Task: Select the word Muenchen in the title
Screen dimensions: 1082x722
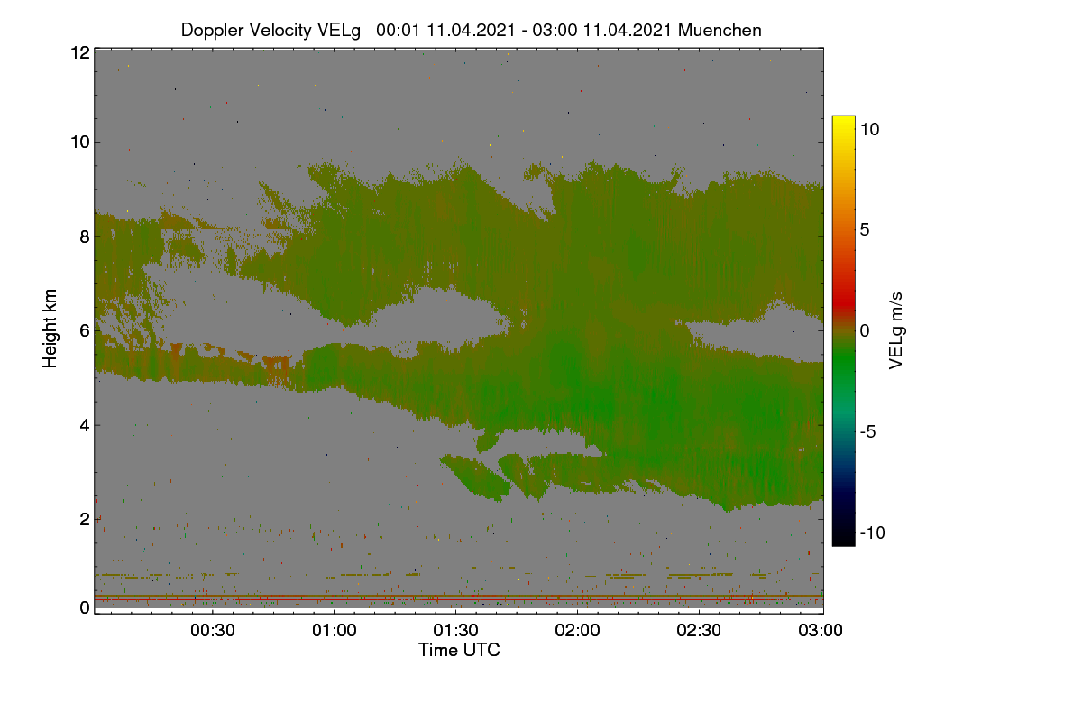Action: click(720, 30)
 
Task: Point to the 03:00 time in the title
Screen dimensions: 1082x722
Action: click(555, 30)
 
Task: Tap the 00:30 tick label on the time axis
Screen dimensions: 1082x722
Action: click(213, 631)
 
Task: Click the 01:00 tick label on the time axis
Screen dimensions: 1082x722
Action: click(335, 631)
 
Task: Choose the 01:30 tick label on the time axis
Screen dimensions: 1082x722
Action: click(456, 631)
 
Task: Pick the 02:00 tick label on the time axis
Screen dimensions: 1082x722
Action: click(578, 631)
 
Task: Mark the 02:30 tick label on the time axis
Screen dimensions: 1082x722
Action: click(699, 631)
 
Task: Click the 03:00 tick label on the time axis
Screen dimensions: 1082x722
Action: click(821, 631)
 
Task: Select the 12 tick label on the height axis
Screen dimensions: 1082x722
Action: click(80, 52)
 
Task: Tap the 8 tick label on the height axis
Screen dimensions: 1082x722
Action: click(85, 237)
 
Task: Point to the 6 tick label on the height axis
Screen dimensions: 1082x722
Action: click(85, 331)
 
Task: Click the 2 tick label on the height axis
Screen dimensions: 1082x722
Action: click(85, 519)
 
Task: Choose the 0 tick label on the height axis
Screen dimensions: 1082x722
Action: click(85, 608)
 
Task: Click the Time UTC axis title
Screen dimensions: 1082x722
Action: click(459, 651)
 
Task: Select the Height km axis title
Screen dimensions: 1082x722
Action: click(50, 329)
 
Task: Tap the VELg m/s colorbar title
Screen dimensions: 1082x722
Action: click(896, 331)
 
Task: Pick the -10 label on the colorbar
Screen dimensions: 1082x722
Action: click(873, 532)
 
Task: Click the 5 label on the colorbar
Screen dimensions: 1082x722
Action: click(865, 230)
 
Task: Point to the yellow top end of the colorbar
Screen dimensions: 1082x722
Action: click(843, 118)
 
